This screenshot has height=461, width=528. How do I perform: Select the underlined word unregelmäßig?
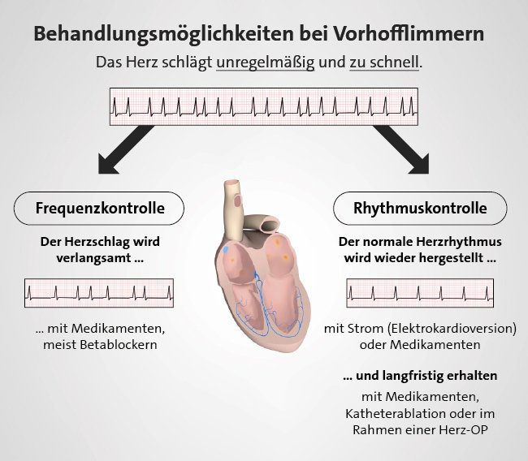pos(266,63)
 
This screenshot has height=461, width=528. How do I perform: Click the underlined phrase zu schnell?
pos(384,62)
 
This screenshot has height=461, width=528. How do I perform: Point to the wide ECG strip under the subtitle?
pos(264,106)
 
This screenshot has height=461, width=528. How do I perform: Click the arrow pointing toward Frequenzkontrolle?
pos(125,149)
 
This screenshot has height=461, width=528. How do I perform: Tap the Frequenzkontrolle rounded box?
pos(99,209)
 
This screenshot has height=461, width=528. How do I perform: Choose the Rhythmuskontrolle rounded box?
pos(420,209)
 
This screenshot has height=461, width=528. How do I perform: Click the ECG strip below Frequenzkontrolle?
pos(99,293)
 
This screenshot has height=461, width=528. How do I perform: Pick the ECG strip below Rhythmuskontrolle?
pos(420,293)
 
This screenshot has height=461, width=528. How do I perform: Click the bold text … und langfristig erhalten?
pos(420,376)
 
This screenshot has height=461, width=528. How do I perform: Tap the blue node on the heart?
pos(226,250)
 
